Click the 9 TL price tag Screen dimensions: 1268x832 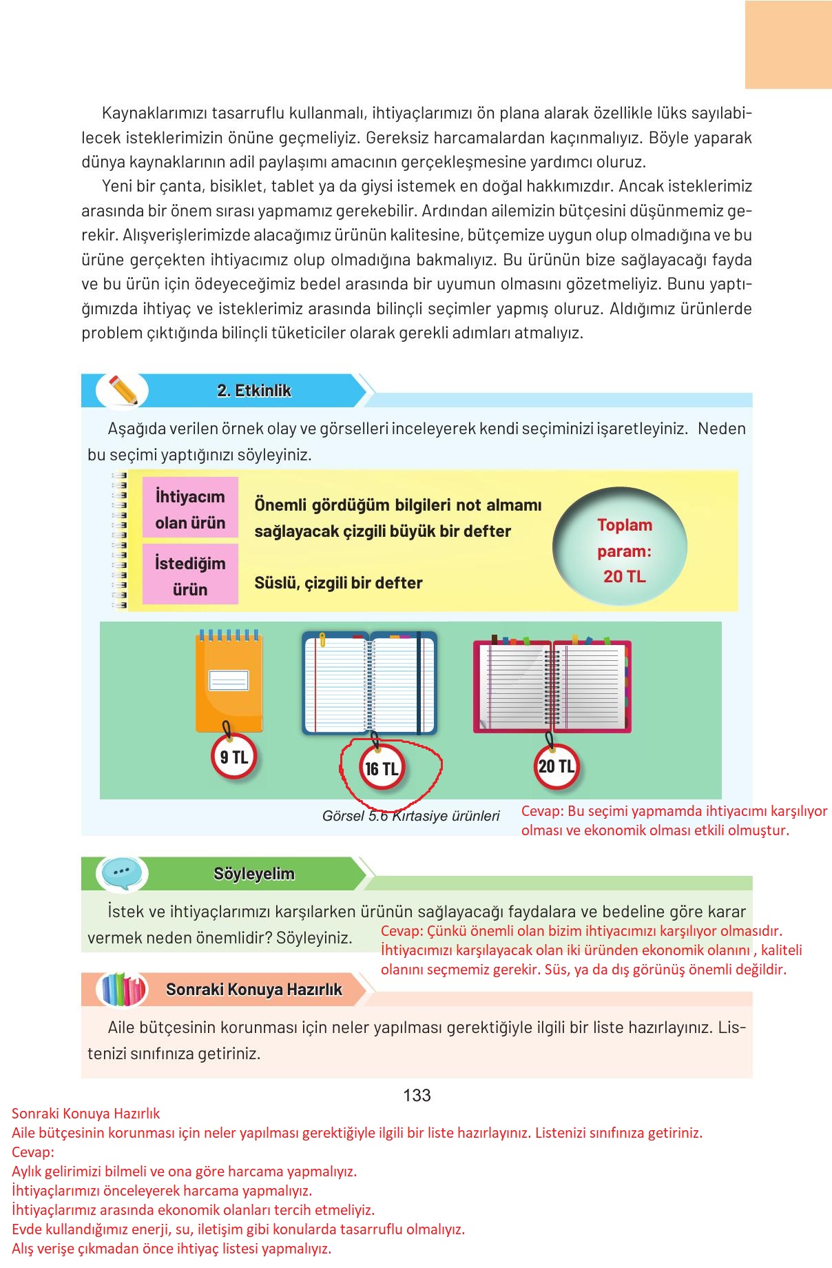pyautogui.click(x=233, y=757)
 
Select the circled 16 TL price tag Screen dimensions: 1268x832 pyautogui.click(x=381, y=768)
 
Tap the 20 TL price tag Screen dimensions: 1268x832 pyautogui.click(x=556, y=766)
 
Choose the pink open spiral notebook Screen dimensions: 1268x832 pyautogui.click(x=552, y=686)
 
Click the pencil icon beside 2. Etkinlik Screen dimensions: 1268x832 pyautogui.click(x=123, y=391)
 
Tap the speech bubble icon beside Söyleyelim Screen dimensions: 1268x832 pyautogui.click(x=122, y=873)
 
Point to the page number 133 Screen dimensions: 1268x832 pyautogui.click(x=417, y=1095)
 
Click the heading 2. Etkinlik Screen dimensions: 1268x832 pyautogui.click(x=254, y=391)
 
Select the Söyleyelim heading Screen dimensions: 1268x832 pyautogui.click(x=254, y=874)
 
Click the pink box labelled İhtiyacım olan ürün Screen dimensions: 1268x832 pyautogui.click(x=190, y=509)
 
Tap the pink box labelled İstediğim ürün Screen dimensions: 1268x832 pyautogui.click(x=190, y=576)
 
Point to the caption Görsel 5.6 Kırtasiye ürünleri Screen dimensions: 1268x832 pyautogui.click(x=410, y=816)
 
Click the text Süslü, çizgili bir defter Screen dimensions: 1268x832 pyautogui.click(x=338, y=583)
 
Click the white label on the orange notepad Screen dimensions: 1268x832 pyautogui.click(x=229, y=680)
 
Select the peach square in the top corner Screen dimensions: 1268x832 pyautogui.click(x=788, y=44)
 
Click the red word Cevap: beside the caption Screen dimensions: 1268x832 pyautogui.click(x=543, y=811)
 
